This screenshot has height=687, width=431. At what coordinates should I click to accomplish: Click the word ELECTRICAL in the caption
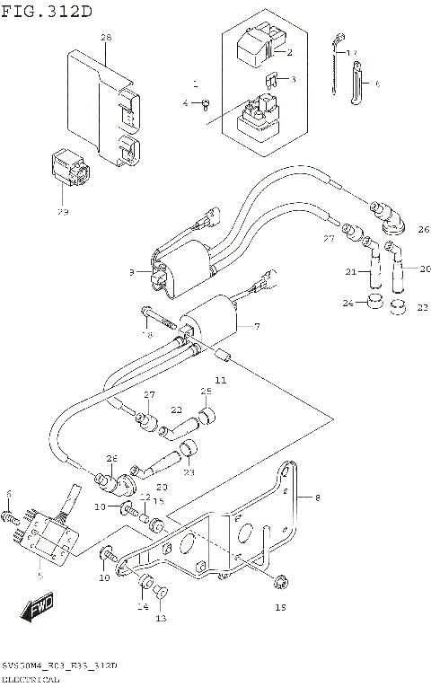31,680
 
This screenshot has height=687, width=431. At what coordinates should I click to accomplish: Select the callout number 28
106,38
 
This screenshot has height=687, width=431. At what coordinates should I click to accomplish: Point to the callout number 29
62,212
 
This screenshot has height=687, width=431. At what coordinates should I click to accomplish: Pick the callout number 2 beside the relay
289,52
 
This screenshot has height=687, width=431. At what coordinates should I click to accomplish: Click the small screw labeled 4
206,103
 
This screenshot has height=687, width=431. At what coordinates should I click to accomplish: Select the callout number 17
352,52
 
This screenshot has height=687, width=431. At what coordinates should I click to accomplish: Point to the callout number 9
131,271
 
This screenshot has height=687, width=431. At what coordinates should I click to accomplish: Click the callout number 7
257,325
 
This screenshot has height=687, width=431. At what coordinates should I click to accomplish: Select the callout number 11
220,381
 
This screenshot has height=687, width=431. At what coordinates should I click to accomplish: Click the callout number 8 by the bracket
316,496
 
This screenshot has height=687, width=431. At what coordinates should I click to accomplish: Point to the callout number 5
39,575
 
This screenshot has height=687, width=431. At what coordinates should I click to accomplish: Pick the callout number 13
161,619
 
